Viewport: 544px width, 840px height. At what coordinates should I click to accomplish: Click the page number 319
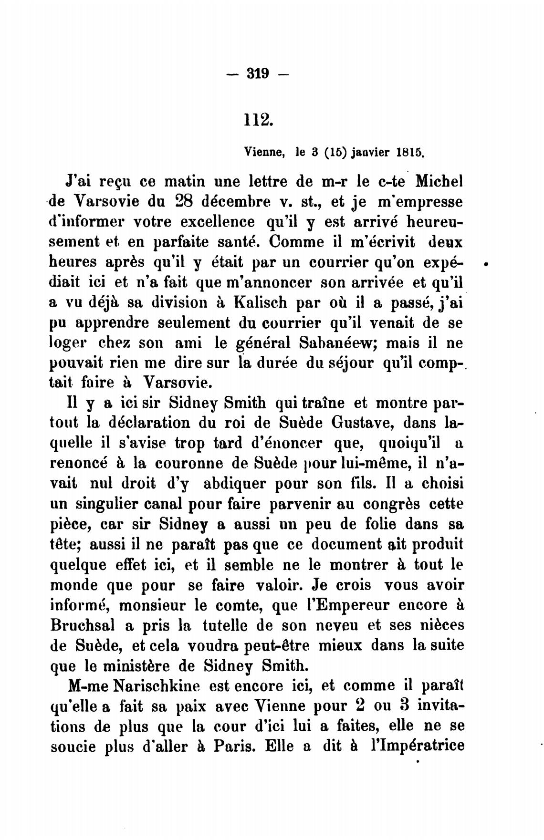coord(258,73)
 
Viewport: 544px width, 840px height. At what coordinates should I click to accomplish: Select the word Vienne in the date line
coord(264,153)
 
